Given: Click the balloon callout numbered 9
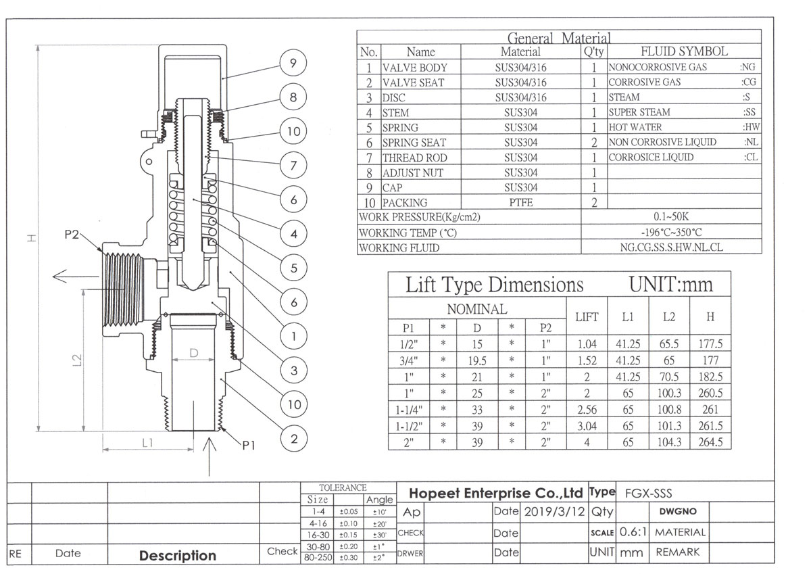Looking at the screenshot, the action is pos(293,63).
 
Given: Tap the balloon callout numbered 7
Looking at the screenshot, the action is pos(293,165).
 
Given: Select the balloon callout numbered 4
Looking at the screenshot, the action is pos(293,233).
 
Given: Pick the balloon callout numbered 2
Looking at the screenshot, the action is pos(294,439).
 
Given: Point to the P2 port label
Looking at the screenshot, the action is pos(72,235).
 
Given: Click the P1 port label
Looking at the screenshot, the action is pos(249,445).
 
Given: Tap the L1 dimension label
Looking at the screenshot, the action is pos(148,443).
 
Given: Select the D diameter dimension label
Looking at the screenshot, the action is pos(194,353).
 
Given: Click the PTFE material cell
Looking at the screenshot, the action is pos(520,202).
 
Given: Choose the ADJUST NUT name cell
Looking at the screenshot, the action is pos(413,173).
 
